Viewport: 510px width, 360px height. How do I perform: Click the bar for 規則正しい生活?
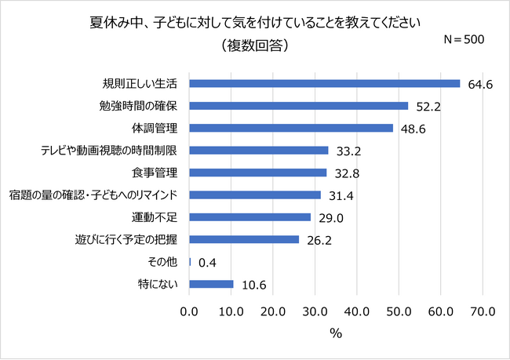[324, 83]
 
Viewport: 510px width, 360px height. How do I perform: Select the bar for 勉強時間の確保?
[298, 105]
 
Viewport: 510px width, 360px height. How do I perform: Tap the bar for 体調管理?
[290, 128]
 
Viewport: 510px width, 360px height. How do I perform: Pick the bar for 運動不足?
[250, 216]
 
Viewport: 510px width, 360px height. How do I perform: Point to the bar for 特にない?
[211, 283]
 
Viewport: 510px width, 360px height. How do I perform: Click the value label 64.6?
[479, 84]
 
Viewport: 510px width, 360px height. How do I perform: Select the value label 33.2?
[348, 151]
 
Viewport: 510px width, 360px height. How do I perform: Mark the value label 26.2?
[318, 240]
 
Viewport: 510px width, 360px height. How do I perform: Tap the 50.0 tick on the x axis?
[399, 311]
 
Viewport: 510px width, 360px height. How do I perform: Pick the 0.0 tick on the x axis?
[189, 311]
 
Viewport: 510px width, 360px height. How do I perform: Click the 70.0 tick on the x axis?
[483, 311]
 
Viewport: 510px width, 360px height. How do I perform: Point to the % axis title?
[336, 334]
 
